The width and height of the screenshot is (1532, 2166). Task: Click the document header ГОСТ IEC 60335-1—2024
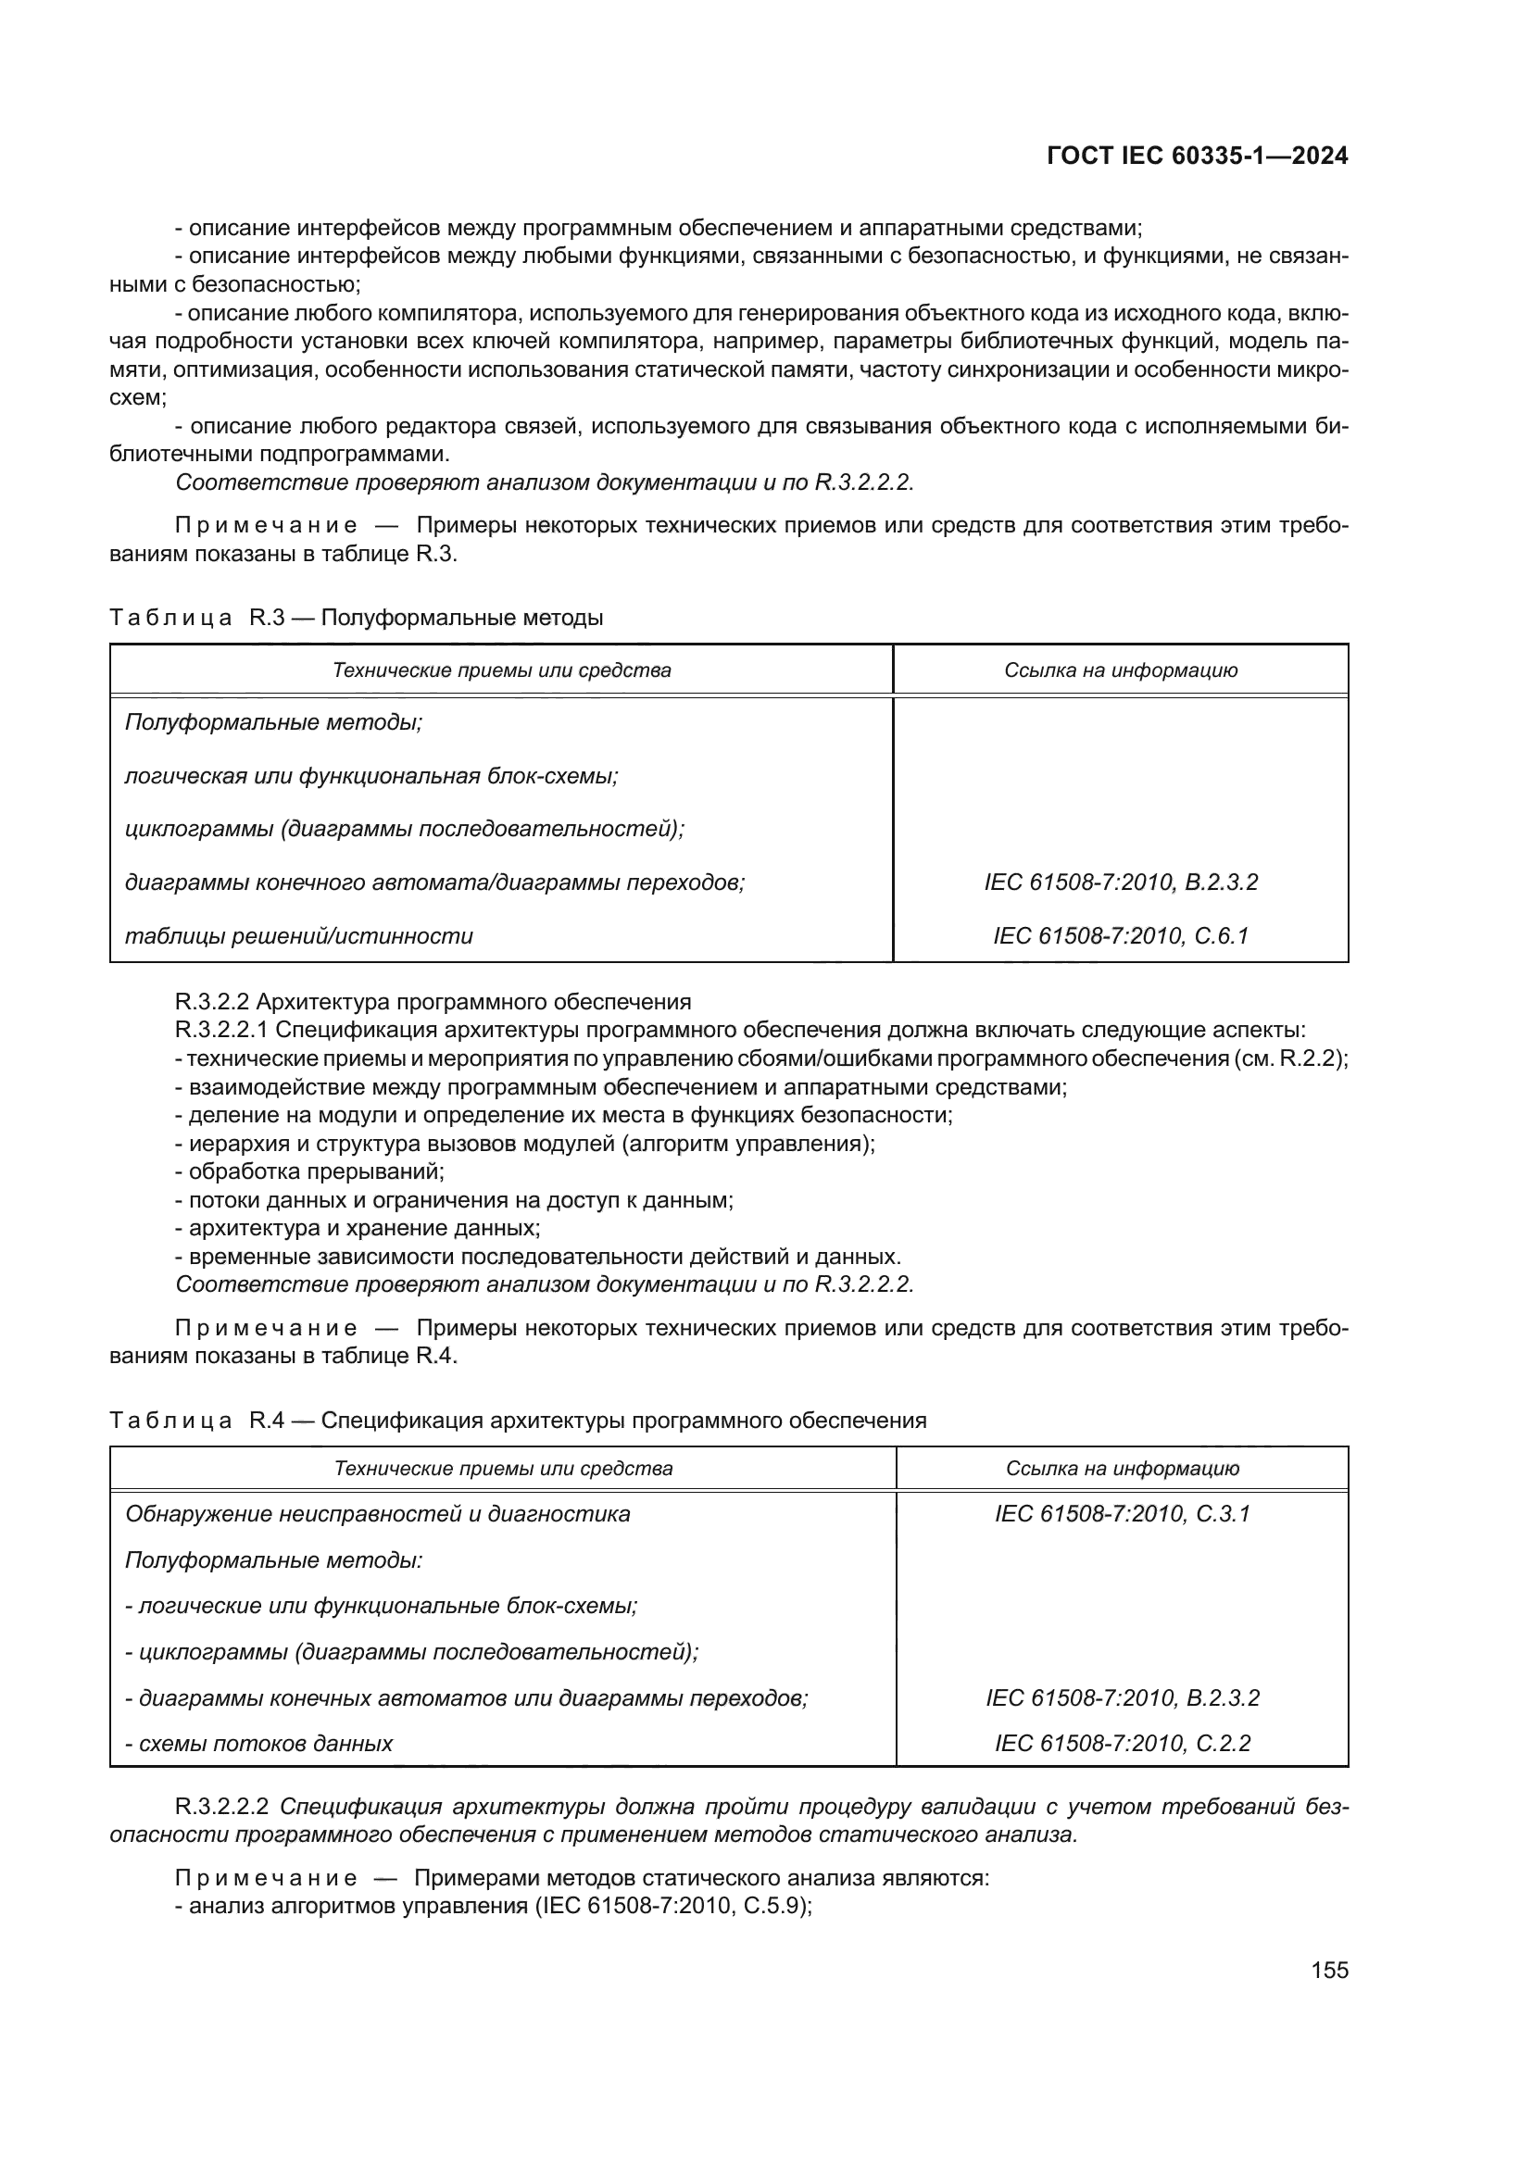click(x=1197, y=157)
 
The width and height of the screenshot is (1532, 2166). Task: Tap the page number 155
click(x=1329, y=1970)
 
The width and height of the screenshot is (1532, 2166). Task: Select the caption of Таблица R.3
click(x=356, y=618)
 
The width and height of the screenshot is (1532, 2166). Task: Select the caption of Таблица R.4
click(x=518, y=1420)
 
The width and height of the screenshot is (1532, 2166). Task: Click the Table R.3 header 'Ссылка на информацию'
click(x=1120, y=670)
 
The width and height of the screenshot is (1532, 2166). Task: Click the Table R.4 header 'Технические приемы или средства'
click(x=503, y=1468)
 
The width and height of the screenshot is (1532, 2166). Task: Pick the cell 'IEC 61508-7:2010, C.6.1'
click(x=1120, y=936)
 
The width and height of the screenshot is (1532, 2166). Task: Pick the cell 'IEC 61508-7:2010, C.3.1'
click(x=1122, y=1514)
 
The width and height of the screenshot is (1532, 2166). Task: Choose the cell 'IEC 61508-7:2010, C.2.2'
click(x=1122, y=1744)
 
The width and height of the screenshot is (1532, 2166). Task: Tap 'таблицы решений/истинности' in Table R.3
click(x=299, y=936)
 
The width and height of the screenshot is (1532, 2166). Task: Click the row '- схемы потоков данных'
click(x=259, y=1744)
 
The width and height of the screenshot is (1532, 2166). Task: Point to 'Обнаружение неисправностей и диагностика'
click(x=377, y=1514)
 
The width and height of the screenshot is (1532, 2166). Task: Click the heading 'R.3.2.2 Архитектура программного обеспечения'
click(x=433, y=1001)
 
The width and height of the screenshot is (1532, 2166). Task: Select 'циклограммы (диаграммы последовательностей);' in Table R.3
click(x=405, y=829)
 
